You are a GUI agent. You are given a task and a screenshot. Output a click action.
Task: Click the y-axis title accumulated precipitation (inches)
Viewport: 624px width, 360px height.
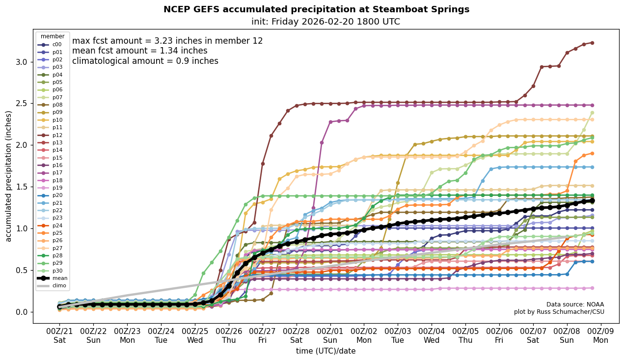(9, 176)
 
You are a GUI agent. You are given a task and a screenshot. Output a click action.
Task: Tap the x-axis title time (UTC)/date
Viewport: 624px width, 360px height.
(326, 351)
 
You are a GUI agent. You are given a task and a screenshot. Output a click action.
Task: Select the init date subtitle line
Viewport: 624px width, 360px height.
(326, 22)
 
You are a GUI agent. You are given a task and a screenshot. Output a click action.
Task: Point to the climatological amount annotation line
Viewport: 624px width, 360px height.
(145, 61)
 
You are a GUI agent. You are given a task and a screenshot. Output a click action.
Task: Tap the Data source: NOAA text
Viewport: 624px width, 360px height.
(575, 305)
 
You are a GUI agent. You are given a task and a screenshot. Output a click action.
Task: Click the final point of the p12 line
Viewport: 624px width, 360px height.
(592, 43)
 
